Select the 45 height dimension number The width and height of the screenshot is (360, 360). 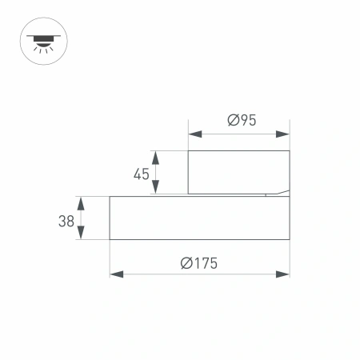tap(142, 174)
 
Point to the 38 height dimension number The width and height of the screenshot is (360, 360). tap(66, 221)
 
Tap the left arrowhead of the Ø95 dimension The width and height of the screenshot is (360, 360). tap(193, 132)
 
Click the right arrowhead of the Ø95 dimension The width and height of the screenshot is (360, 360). tap(284, 132)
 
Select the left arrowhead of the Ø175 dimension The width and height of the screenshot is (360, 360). tap(115, 274)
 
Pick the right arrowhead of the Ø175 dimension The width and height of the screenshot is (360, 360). tap(284, 274)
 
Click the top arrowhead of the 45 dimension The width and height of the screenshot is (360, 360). tap(156, 155)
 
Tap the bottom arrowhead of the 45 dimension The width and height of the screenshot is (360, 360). tap(156, 190)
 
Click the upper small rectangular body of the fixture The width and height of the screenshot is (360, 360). tap(238, 171)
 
